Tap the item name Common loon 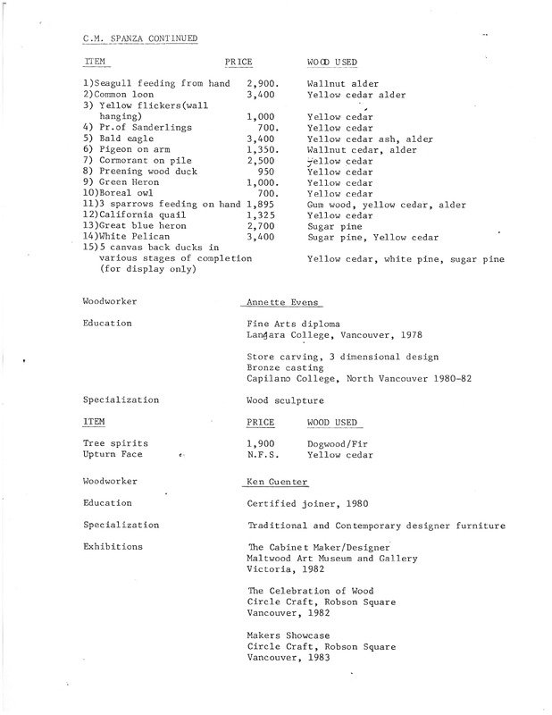tap(119, 93)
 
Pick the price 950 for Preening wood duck tap(260, 171)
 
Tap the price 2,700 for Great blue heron tap(261, 227)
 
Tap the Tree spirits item tap(115, 443)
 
